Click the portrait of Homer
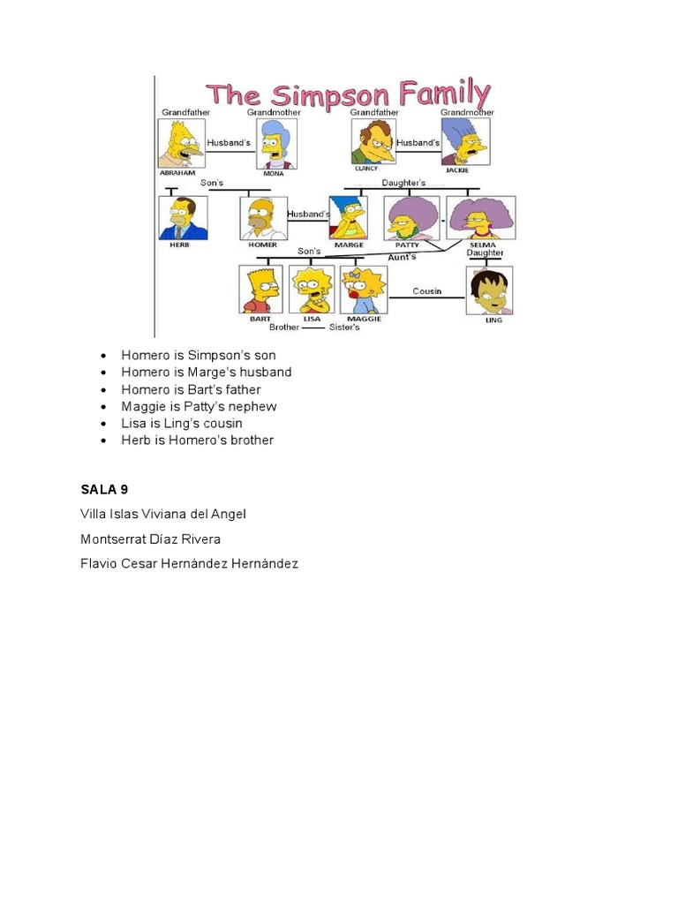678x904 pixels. [x=263, y=218]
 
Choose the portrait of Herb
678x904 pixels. [x=183, y=218]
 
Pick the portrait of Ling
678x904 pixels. [x=489, y=290]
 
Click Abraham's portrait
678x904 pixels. [x=181, y=143]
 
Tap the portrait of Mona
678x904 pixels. [x=276, y=144]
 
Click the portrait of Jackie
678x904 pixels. [x=464, y=141]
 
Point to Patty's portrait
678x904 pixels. [x=412, y=218]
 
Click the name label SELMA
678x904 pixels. [x=483, y=245]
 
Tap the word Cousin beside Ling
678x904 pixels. [x=427, y=290]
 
